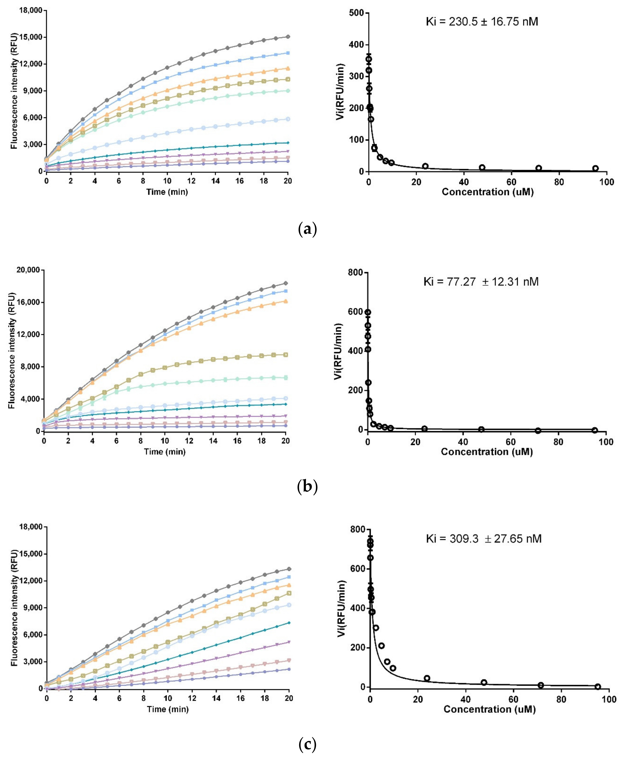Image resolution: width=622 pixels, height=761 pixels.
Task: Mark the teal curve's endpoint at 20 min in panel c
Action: tap(289, 623)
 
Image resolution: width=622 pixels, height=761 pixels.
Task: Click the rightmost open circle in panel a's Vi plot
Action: tap(595, 168)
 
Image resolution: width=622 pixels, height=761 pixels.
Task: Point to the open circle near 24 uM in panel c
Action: tap(427, 678)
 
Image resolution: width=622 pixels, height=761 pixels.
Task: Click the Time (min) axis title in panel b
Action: tap(165, 452)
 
